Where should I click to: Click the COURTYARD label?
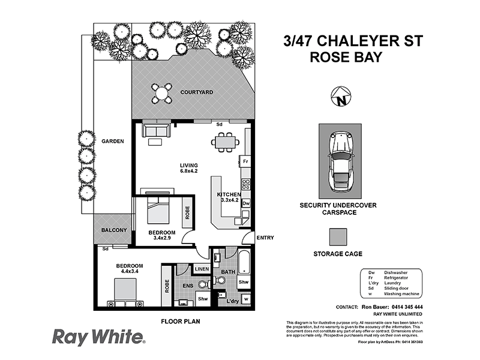coord(197,93)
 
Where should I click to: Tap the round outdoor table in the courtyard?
coord(162,93)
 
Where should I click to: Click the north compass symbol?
coord(341,96)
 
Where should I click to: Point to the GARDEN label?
coord(112,142)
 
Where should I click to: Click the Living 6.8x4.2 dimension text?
coord(189,169)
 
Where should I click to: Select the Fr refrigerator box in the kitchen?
coord(245,161)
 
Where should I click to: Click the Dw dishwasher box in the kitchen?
coord(245,204)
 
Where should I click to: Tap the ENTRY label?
coord(265,238)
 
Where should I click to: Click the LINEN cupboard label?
coord(201,269)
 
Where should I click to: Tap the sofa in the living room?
coord(155,130)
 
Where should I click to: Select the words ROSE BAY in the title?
coord(347,58)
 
